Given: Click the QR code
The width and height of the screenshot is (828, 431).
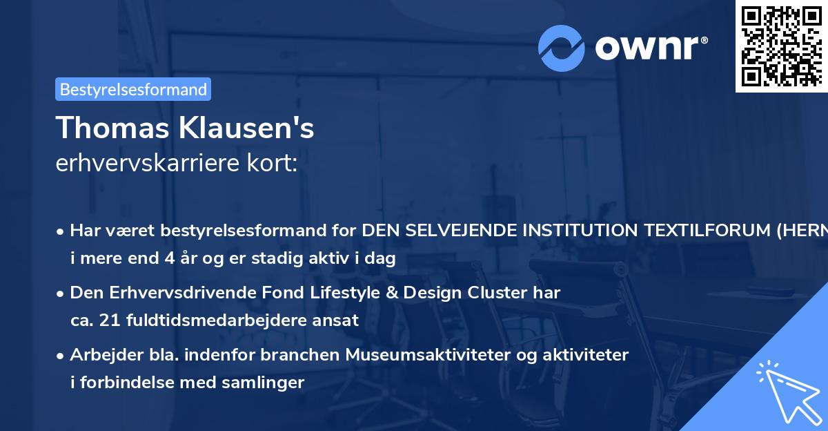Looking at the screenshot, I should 781,46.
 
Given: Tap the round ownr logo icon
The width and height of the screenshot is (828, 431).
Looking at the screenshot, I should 562,48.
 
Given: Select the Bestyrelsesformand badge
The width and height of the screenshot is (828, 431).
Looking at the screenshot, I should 133,89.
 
